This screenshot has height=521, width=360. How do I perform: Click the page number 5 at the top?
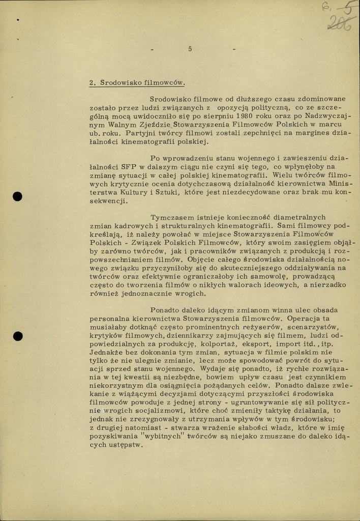[x=190, y=49]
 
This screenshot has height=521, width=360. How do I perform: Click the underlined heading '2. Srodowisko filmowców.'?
[x=137, y=82]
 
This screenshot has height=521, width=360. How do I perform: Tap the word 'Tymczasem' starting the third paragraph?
[x=171, y=217]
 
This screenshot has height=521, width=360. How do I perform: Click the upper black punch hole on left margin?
[x=18, y=196]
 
